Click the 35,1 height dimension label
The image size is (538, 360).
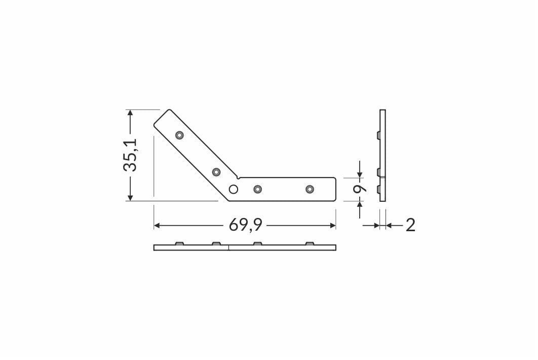tap(130, 155)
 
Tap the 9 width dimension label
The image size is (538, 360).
tap(359, 189)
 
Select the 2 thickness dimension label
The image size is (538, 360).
tap(410, 225)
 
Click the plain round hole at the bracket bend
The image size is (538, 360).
tap(234, 189)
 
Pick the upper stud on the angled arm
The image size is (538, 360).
tap(179, 135)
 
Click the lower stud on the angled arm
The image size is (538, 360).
tap(216, 172)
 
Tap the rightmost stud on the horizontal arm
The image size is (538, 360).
tap(310, 189)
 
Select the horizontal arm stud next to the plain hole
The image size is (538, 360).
tap(258, 189)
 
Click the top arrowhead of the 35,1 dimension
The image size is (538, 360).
tap(130, 113)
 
